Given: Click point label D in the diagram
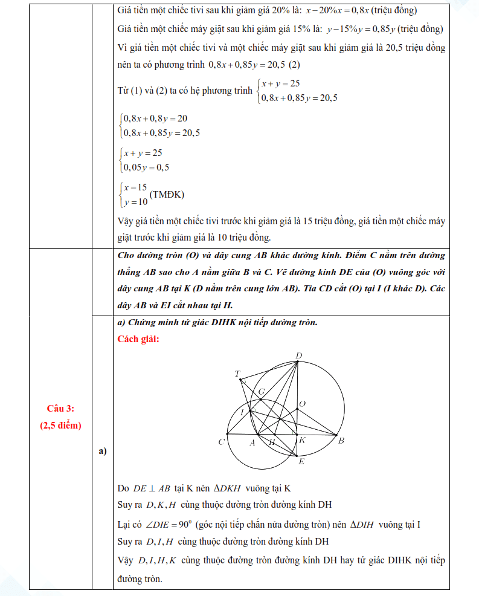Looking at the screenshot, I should [x=299, y=355].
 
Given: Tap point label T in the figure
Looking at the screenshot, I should [x=237, y=374].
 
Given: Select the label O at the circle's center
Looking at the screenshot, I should [x=303, y=403].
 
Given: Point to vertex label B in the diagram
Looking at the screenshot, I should [x=341, y=441].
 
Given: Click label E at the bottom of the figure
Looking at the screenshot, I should [x=301, y=462].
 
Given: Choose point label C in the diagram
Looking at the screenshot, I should [x=222, y=442].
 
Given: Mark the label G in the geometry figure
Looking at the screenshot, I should [x=262, y=392].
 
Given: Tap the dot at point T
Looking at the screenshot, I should [x=240, y=380].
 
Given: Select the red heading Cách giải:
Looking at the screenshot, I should [x=138, y=338].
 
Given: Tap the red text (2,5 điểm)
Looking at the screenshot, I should [x=60, y=425].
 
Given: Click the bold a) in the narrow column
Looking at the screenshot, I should [x=102, y=451].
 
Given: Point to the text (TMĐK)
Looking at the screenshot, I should [x=167, y=195].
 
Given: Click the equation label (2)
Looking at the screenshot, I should [x=295, y=64].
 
